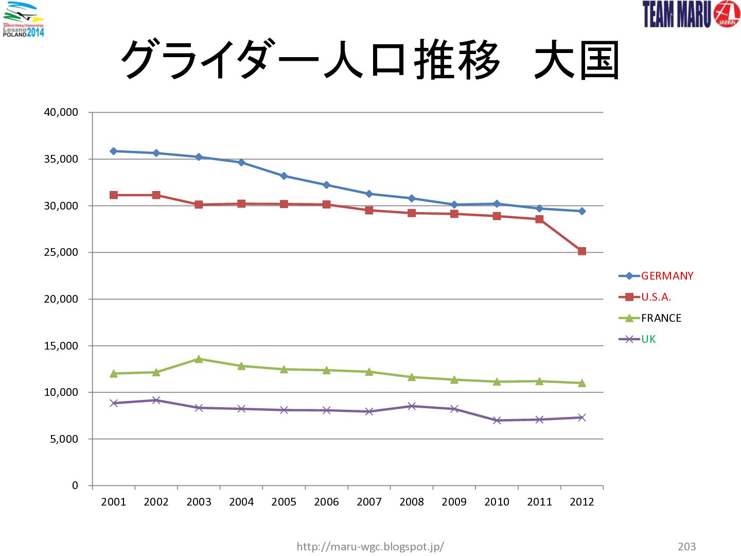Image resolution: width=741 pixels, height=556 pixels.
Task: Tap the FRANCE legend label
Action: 661,318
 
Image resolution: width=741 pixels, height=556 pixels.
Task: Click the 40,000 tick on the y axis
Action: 61,112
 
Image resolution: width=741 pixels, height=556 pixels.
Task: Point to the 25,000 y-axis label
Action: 61,252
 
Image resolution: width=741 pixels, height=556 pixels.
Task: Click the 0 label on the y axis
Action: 75,485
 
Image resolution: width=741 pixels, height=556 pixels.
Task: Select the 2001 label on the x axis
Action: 113,502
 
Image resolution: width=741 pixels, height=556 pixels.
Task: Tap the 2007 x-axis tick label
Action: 369,502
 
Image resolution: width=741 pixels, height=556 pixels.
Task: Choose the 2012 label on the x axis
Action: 582,502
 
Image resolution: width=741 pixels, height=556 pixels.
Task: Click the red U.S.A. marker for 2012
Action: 582,251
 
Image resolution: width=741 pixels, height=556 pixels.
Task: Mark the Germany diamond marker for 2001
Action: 114,151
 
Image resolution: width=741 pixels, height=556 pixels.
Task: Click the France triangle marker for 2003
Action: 199,359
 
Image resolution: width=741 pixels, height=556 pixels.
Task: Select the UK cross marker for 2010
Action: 497,420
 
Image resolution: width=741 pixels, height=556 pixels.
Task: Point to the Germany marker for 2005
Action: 284,176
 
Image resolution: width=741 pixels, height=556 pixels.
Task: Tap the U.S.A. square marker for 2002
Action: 156,195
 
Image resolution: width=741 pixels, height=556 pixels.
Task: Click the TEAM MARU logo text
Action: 677,14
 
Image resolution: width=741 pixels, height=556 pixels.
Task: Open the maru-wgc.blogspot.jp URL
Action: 370,546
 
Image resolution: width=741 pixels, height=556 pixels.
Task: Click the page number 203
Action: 687,546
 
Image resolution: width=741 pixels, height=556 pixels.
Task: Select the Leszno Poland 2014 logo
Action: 23,19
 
